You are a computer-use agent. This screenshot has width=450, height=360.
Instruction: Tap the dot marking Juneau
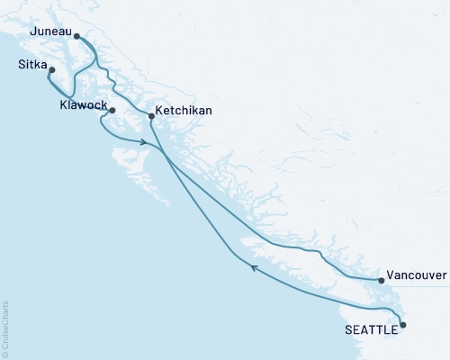pos(77,37)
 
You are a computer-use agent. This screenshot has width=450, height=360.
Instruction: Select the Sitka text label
pos(33,66)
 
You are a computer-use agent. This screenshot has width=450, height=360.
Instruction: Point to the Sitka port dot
pos(52,71)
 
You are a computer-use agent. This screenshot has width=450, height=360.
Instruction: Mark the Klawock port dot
pos(112,110)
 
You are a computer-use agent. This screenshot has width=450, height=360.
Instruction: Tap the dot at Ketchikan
pos(151,116)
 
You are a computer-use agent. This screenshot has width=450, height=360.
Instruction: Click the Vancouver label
pos(416,276)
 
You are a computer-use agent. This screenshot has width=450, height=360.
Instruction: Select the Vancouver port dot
pos(382,281)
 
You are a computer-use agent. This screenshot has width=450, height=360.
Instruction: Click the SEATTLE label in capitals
pos(370,330)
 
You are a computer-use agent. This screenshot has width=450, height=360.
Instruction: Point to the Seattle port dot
pos(402,325)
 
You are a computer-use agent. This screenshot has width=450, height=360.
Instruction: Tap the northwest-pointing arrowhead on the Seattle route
pos(254,267)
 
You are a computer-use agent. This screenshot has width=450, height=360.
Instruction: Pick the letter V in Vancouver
pos(390,276)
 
